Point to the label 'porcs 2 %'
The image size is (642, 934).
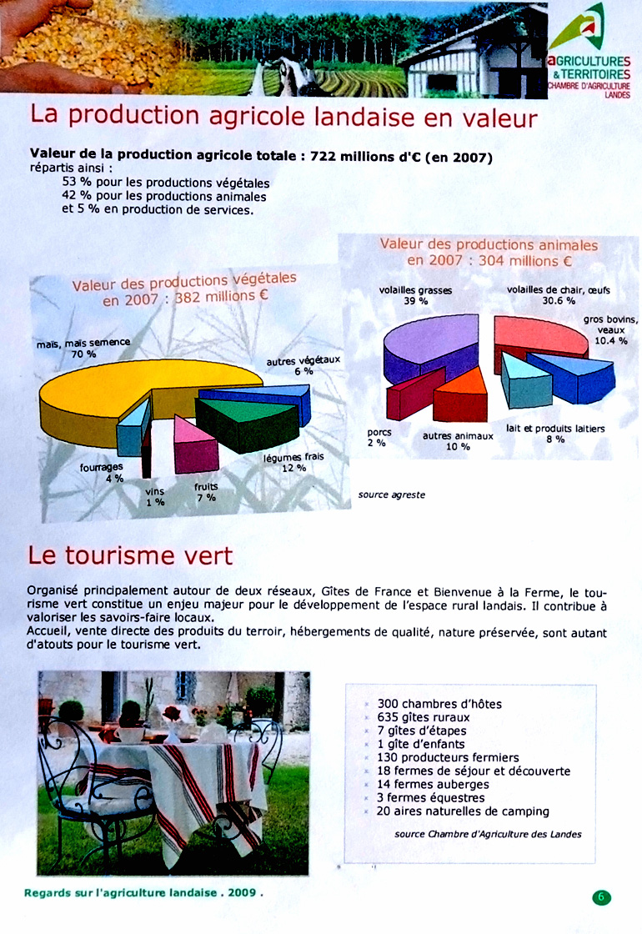(x=379, y=438)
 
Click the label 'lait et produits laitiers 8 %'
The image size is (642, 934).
(x=555, y=434)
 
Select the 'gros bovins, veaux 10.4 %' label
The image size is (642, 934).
(x=610, y=329)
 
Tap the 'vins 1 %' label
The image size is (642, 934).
(x=155, y=497)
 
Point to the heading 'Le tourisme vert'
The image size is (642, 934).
(x=130, y=555)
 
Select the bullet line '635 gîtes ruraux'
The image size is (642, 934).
(x=423, y=717)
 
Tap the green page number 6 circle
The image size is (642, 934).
(x=602, y=897)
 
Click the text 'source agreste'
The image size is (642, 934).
(x=392, y=495)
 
